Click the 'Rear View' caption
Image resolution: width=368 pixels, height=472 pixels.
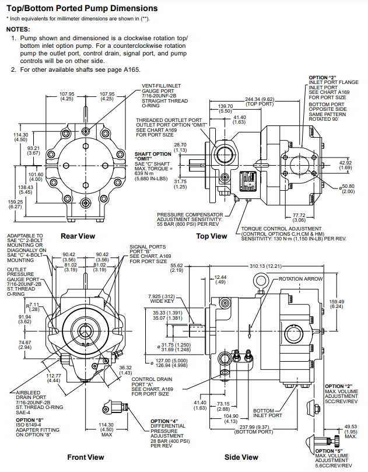[x=78, y=236]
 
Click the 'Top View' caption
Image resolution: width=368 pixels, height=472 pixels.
[x=211, y=236]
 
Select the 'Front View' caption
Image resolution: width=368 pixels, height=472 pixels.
[x=85, y=457]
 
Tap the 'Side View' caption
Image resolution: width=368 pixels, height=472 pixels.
[x=241, y=457]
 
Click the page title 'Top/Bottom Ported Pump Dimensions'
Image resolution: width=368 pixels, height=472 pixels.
[x=78, y=8]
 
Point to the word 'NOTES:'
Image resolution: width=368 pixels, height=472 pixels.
[x=18, y=29]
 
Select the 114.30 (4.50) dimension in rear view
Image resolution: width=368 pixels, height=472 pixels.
[x=20, y=137]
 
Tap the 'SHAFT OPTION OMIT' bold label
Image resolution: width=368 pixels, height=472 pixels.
[x=150, y=156]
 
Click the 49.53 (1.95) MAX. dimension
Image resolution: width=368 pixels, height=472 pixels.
[x=351, y=429]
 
